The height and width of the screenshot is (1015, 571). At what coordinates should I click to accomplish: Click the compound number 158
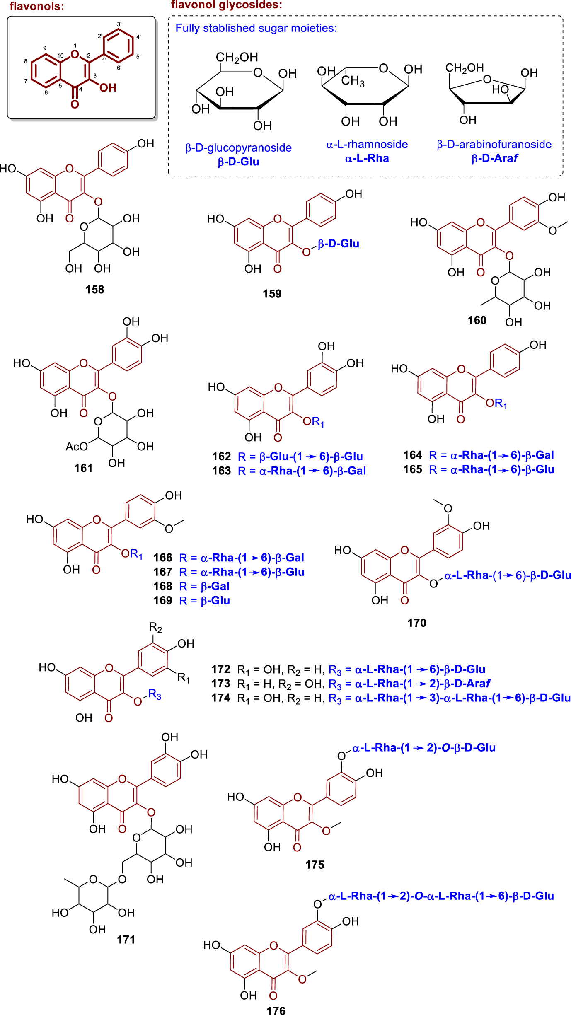[94, 290]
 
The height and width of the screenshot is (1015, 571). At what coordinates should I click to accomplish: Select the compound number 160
[477, 320]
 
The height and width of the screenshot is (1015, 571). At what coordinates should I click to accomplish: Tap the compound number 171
[126, 939]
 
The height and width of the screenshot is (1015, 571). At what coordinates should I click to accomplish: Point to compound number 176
[276, 1008]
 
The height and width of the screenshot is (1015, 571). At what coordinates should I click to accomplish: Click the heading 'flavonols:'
[37, 6]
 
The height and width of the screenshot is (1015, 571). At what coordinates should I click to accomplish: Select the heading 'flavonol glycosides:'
[227, 5]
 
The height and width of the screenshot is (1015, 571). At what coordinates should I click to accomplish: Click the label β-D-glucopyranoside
[238, 148]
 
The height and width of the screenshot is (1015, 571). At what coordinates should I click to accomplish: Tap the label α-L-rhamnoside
[367, 144]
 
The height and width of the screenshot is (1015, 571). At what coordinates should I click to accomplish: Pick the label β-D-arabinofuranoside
[494, 144]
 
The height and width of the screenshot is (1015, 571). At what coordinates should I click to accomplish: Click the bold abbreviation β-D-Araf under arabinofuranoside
[494, 158]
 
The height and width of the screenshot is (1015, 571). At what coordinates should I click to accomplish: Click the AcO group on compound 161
[77, 446]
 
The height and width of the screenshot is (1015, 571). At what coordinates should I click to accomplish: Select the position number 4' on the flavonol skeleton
[138, 37]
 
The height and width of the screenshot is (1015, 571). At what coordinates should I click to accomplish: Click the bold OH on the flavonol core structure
[108, 88]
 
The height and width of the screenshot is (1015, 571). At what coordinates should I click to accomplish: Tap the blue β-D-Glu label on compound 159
[338, 244]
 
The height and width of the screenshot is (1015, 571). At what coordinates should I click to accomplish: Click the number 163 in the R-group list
[221, 471]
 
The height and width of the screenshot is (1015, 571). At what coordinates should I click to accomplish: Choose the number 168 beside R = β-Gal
[162, 586]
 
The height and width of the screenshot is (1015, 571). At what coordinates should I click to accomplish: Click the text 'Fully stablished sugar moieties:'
[256, 28]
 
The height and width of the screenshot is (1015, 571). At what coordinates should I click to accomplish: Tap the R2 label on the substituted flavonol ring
[155, 628]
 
